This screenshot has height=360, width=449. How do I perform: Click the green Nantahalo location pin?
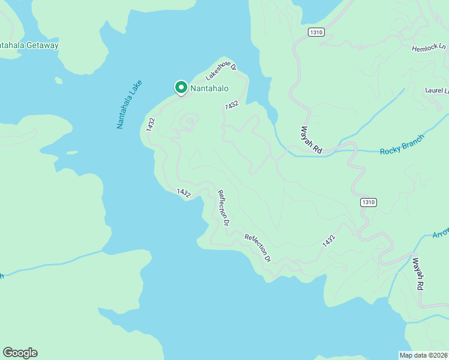181,88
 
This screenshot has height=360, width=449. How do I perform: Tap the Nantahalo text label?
209,89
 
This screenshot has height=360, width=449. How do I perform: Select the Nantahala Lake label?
128,106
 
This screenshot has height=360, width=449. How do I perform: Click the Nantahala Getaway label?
29,46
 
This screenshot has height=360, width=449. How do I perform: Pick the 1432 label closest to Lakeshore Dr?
232,105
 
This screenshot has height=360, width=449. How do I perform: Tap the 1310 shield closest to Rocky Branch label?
369,203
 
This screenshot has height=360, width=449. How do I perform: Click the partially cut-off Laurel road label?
437,91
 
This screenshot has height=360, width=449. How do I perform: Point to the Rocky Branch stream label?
402,145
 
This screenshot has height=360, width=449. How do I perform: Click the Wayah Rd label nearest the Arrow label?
418,275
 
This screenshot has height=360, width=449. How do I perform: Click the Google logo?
20,353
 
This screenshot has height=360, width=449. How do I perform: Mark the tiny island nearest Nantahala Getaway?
58,80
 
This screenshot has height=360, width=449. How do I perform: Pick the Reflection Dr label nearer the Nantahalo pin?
224,208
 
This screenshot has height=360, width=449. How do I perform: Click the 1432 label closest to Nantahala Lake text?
151,124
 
